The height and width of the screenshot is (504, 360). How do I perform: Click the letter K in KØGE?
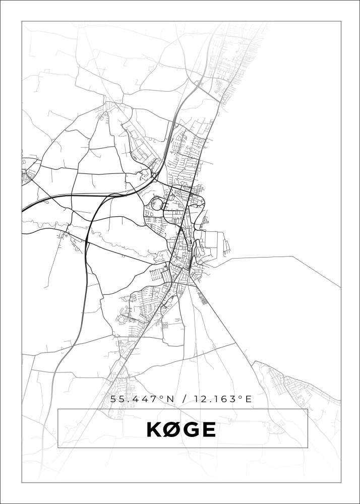[x=154, y=429]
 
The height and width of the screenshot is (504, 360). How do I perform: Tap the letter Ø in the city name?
[x=172, y=429]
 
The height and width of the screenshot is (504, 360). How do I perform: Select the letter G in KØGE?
[x=192, y=429]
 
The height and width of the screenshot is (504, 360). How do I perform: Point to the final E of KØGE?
[x=209, y=429]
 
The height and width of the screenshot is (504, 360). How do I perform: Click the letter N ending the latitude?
[x=170, y=399]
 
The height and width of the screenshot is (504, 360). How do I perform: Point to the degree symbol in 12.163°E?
[x=241, y=398]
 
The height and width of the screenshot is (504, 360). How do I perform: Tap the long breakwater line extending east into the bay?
[x=282, y=257]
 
